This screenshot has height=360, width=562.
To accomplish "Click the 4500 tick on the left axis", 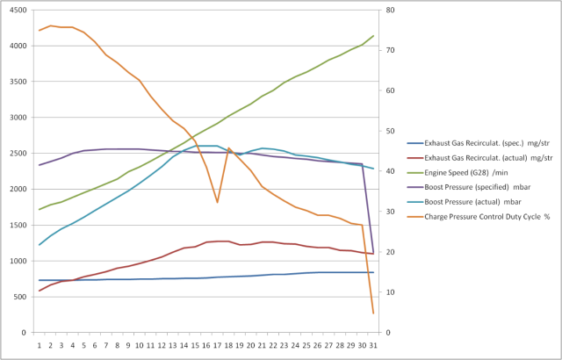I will (17, 10).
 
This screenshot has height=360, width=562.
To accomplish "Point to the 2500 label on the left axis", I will (17, 154).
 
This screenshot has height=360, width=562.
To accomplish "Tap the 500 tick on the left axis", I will (19, 298).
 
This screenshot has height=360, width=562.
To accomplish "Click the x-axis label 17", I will (217, 344).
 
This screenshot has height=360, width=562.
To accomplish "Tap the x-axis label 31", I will (373, 344).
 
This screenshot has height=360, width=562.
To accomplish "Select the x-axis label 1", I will (40, 344).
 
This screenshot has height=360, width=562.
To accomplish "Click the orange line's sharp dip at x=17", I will (217, 202).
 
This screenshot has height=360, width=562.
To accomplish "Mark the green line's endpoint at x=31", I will (373, 36).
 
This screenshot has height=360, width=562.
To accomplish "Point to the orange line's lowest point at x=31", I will (373, 313).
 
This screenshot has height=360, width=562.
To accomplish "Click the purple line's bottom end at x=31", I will (373, 254).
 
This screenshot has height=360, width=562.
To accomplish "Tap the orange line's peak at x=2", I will (51, 25).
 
